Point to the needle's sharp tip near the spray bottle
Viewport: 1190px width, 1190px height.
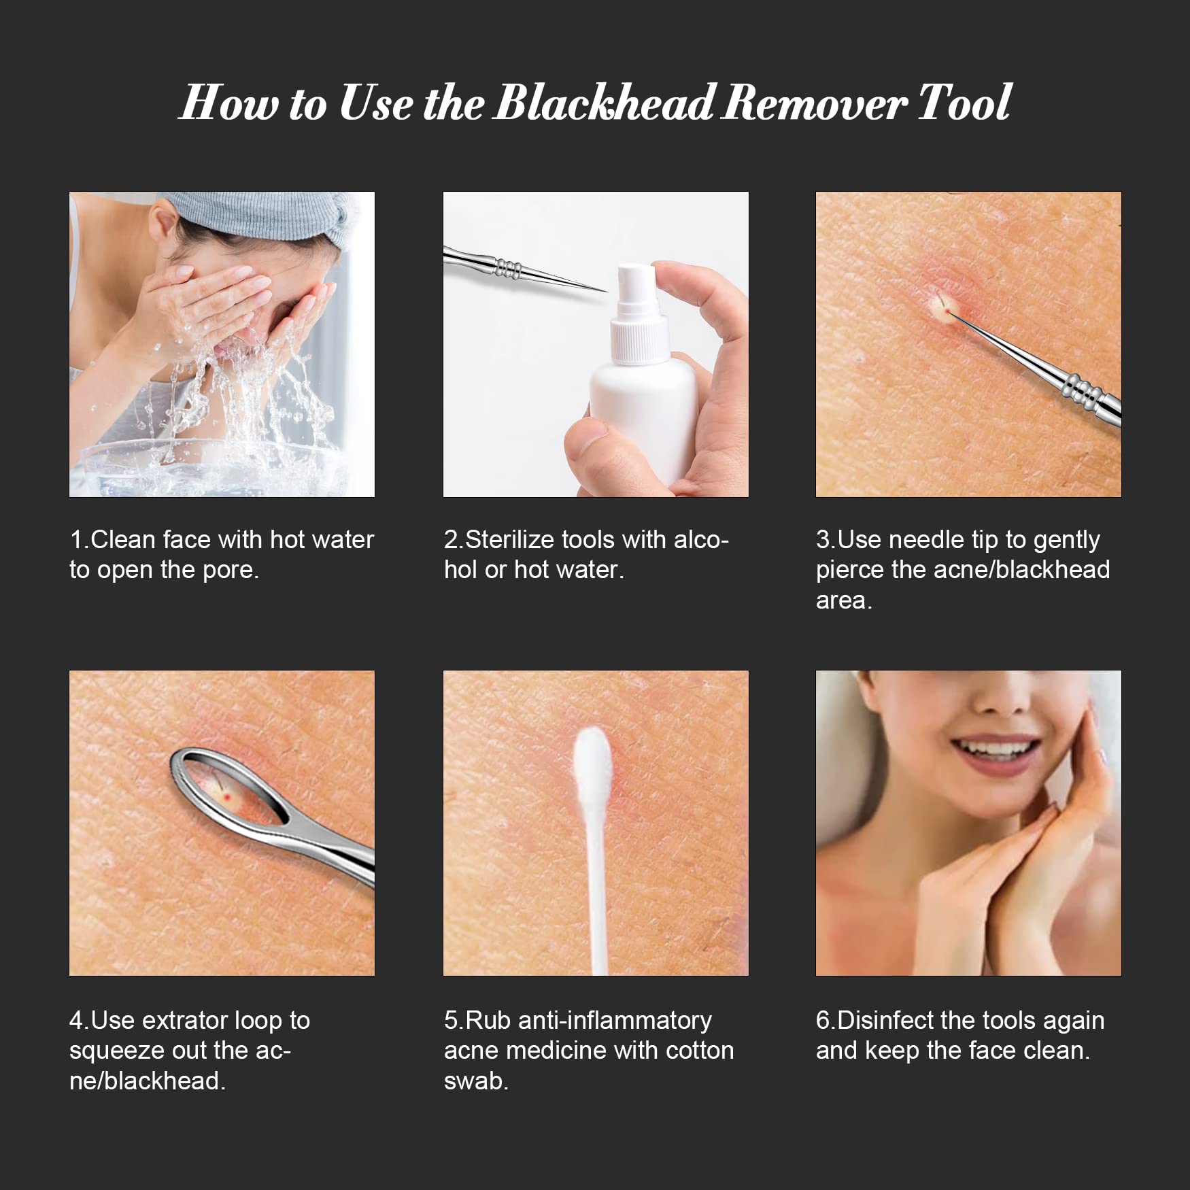pyautogui.click(x=605, y=291)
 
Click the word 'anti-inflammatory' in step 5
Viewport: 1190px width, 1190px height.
pyautogui.click(x=615, y=1021)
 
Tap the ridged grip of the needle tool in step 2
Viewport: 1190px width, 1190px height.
pyautogui.click(x=507, y=267)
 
